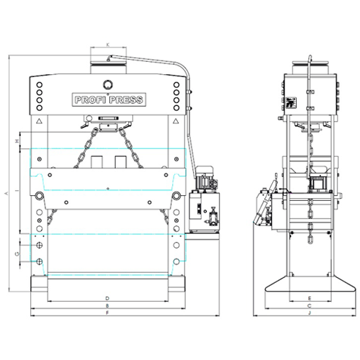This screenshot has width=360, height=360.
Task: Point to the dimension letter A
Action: [x=7, y=194]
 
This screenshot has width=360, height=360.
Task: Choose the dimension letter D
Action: [x=107, y=297]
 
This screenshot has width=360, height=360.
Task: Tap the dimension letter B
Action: [x=107, y=305]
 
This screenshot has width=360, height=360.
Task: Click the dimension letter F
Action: [x=107, y=313]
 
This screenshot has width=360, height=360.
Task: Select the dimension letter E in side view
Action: [x=308, y=297]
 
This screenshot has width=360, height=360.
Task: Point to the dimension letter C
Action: [x=308, y=305]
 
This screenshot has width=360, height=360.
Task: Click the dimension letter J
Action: [x=308, y=313]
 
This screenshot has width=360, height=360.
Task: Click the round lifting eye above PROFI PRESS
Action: [x=107, y=84]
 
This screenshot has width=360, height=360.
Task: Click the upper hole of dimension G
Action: [x=40, y=246]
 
